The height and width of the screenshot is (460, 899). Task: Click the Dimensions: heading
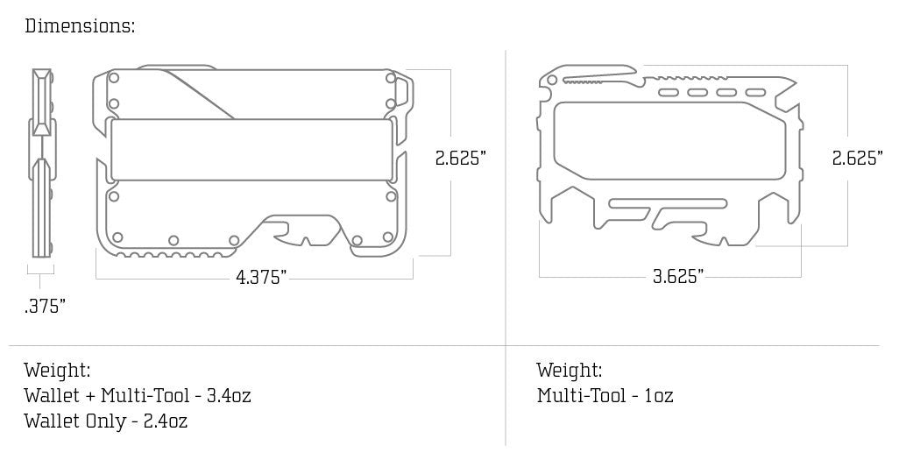pos(80,25)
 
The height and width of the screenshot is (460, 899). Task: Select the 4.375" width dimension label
pos(261,278)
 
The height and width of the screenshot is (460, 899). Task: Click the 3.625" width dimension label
pos(678,277)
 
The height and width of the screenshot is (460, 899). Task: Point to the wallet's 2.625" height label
pos(461,159)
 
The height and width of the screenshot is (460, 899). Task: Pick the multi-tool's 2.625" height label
pos(857,159)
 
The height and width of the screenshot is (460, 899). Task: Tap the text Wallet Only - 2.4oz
pos(106,421)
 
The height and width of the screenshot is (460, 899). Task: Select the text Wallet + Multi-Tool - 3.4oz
pos(138,395)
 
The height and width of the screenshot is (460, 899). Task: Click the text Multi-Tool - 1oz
pos(605,395)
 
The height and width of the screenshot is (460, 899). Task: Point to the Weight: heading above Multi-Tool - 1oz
pos(570,370)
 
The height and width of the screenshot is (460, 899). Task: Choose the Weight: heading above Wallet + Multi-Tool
pos(58,370)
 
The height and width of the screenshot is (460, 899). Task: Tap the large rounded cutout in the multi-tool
pos(666,140)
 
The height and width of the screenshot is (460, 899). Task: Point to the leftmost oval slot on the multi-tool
pos(668,92)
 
